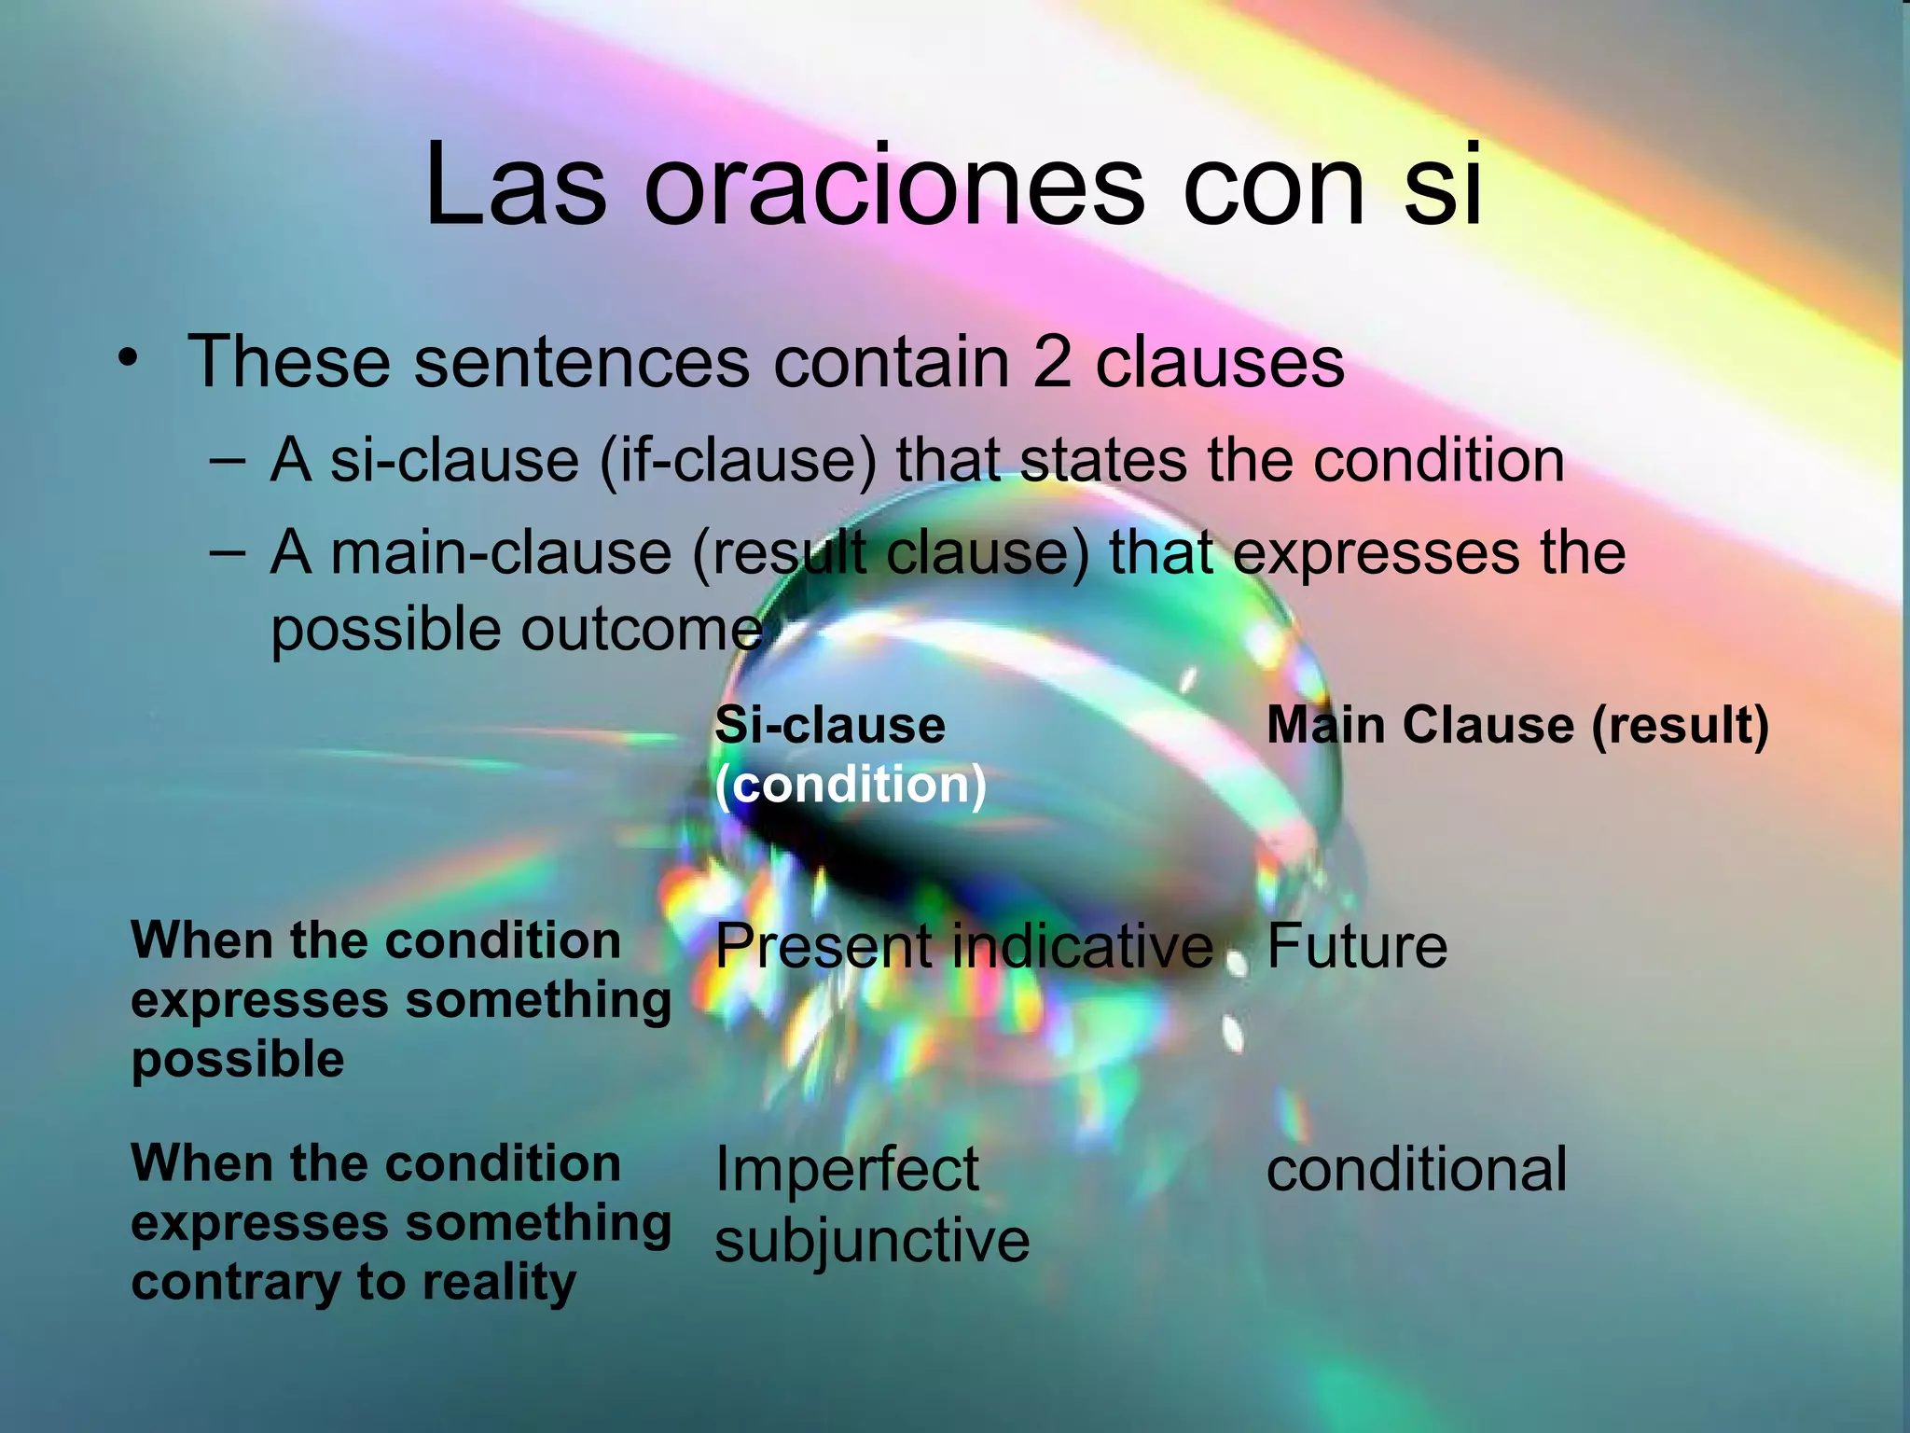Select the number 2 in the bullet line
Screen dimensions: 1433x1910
tap(1051, 362)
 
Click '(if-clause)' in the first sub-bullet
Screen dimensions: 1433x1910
tap(737, 462)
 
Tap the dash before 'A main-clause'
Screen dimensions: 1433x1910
tap(228, 551)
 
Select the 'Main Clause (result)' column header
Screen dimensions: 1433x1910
tap(1516, 725)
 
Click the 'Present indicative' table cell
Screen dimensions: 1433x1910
tap(963, 947)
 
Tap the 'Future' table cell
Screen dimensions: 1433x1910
tap(1356, 947)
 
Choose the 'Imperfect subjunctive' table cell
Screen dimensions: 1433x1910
tap(871, 1204)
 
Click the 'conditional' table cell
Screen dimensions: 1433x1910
tap(1416, 1169)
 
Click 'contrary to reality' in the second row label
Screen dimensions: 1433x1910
tap(353, 1283)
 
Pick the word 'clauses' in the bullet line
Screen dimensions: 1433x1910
tap(1219, 362)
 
